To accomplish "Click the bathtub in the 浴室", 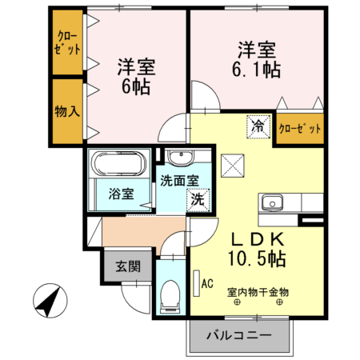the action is point(119,164).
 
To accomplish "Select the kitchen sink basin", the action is point(272,202).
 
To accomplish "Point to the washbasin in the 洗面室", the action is point(181,157).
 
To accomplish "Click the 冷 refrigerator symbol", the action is point(258,126).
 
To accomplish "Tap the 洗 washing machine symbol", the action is point(198,200).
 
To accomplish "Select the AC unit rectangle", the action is point(197,283).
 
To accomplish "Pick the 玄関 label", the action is point(128,266).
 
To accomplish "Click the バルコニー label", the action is point(239,335).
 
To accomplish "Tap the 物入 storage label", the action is point(67,111).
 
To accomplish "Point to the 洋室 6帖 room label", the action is point(136,76).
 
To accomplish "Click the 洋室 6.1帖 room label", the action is point(257,59).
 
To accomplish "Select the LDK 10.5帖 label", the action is point(258,249).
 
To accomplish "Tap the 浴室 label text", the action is point(121,194).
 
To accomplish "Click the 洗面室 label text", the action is point(179,181).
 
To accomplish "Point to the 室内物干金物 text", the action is point(258,292).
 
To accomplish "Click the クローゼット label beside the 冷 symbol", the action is point(300,129).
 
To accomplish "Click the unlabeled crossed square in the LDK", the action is point(233,166).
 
